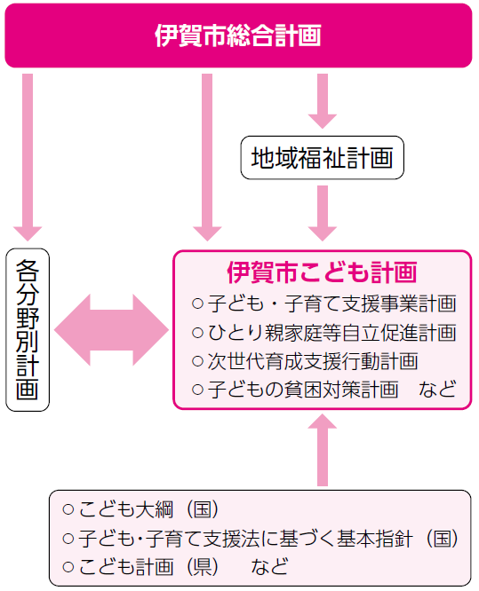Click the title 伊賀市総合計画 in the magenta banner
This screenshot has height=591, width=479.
pos(238,35)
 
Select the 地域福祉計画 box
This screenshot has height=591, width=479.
pos(322,158)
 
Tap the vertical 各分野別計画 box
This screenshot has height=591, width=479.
pos(28,329)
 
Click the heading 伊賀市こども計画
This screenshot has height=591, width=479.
pos(322,272)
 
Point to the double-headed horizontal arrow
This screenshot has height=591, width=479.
pos(111,330)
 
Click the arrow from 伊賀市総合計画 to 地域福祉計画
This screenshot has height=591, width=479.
pos(323,101)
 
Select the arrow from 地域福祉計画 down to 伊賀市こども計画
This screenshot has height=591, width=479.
pos(323,213)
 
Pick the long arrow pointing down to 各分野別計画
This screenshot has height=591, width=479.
pos(28,157)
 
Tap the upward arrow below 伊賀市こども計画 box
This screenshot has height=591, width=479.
pos(323,450)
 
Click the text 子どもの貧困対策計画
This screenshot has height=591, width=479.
pos(303,390)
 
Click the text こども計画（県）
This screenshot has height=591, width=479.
pos(148,566)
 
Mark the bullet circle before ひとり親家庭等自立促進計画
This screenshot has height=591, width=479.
pos(198,333)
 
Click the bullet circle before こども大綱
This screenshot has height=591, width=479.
pos(68,509)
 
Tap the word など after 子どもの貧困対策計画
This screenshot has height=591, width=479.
pos(437,390)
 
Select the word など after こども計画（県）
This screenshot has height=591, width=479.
pos(269,566)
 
